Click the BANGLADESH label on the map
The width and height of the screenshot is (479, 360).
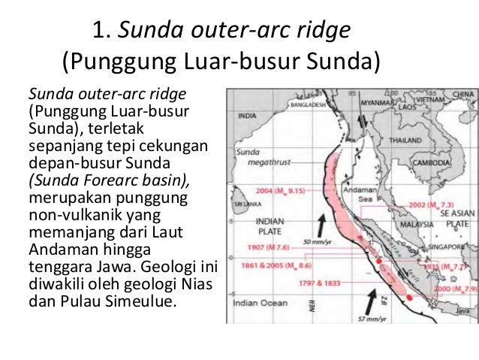(x=293, y=106)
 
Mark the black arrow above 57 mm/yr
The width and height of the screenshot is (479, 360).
(x=372, y=298)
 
